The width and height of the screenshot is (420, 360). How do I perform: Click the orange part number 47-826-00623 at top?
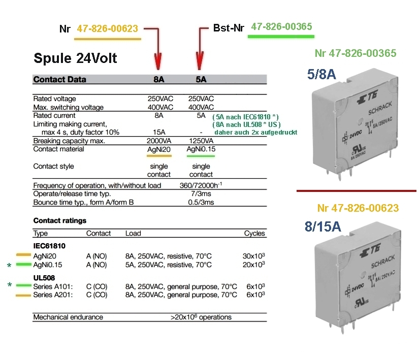coord(107,29)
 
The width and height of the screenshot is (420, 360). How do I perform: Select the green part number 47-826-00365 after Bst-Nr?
coord(281,26)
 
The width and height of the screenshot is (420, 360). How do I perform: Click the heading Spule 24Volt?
coord(75,58)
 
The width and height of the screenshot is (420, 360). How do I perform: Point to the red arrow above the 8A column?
coord(158,51)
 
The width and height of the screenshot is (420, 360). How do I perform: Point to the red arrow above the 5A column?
coord(200,51)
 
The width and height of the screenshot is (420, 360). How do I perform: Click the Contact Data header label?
coord(59,79)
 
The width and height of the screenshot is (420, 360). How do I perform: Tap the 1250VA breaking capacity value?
coord(200,141)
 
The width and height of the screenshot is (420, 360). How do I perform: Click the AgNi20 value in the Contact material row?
coord(159,149)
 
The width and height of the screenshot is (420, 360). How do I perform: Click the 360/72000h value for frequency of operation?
coord(201,185)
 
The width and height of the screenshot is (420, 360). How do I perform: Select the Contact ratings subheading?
coord(59,221)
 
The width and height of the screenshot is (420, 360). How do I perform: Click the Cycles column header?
coord(254,234)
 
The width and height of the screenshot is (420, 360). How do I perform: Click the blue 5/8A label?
coord(321,74)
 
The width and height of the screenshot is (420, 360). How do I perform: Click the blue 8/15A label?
coord(323,226)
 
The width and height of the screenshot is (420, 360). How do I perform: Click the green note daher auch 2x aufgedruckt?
coord(255,132)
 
